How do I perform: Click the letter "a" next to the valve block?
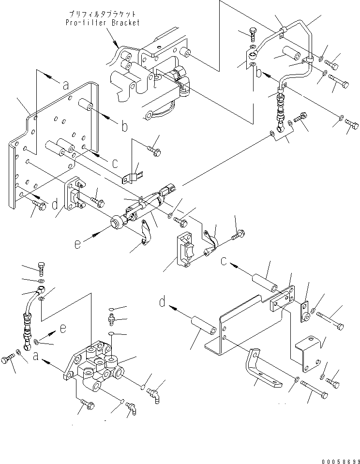[36, 357]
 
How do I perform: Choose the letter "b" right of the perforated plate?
[124, 127]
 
